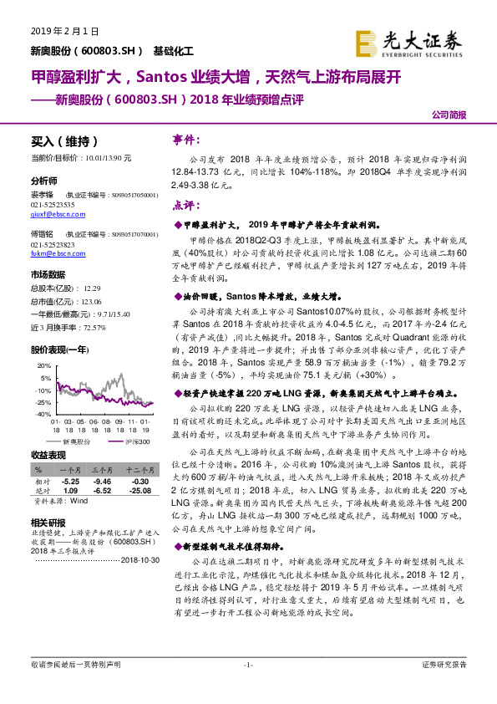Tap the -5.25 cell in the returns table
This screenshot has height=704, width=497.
click(71, 482)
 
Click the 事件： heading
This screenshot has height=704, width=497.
click(185, 139)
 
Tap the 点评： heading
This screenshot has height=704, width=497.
click(185, 204)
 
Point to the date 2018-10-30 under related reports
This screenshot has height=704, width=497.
click(137, 559)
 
